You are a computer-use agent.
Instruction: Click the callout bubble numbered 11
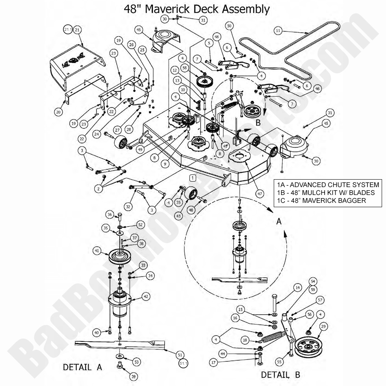tap(278, 30)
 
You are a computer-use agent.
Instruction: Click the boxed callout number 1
tap(193, 178)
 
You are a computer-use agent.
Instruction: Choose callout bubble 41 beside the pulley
tap(96, 250)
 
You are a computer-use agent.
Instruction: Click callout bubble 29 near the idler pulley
tap(323, 327)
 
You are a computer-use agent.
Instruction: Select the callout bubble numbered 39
tap(134, 377)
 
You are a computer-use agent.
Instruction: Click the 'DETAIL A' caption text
tap(82, 367)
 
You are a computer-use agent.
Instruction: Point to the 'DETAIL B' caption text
tap(280, 374)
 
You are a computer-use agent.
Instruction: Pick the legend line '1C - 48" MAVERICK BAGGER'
tap(321, 200)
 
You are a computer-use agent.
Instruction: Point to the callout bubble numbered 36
tap(110, 214)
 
